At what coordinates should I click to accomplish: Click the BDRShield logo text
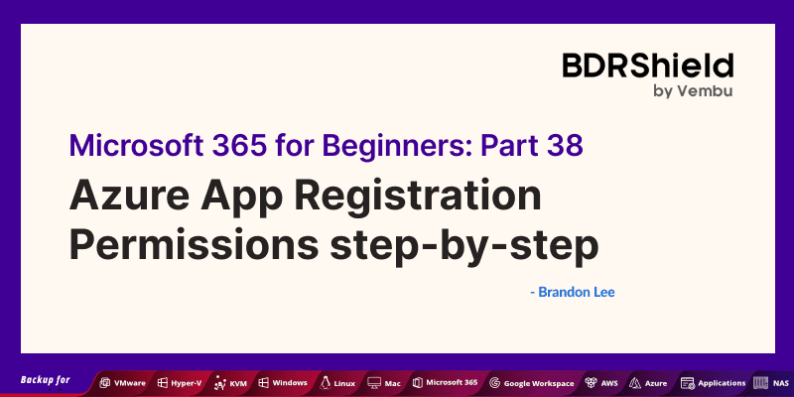pyautogui.click(x=647, y=66)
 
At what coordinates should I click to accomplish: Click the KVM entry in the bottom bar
pyautogui.click(x=234, y=382)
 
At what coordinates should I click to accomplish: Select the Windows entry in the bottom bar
pyautogui.click(x=284, y=382)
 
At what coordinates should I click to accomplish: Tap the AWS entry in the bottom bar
pyautogui.click(x=603, y=382)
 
